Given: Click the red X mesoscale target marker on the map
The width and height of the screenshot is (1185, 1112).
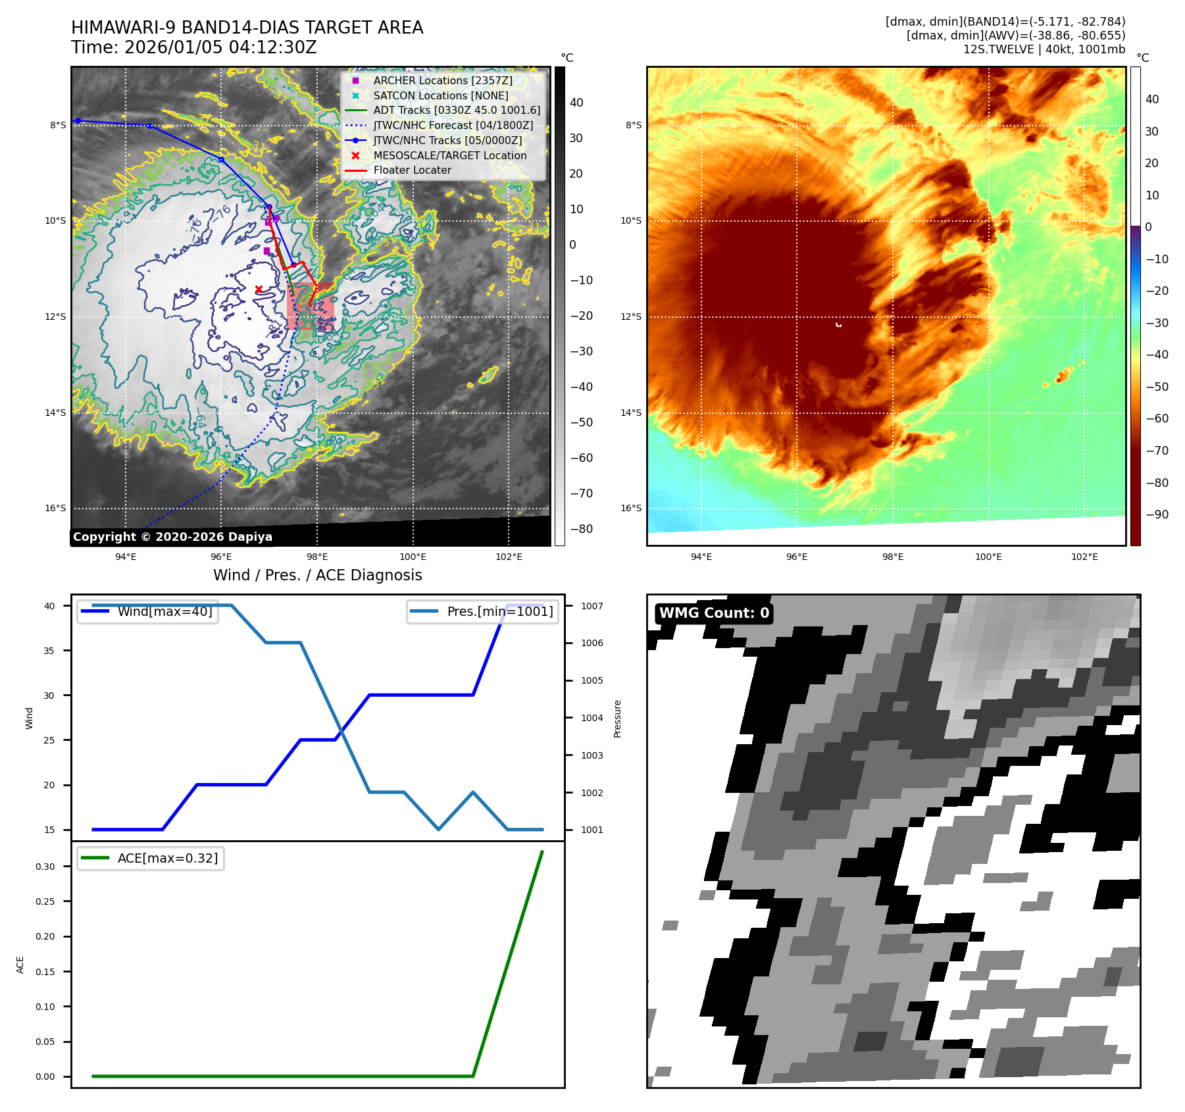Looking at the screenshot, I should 259,289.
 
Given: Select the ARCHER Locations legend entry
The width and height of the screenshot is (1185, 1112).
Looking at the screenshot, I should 442,80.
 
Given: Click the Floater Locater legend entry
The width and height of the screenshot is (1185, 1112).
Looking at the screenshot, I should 412,170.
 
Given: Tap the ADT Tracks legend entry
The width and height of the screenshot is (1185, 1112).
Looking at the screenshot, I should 457,110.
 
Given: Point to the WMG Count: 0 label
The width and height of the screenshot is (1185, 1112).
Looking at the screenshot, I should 714,613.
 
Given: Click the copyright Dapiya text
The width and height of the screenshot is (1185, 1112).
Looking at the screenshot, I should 172,537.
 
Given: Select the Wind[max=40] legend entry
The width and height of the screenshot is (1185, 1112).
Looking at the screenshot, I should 164,611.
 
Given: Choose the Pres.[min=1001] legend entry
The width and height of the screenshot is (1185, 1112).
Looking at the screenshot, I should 499,611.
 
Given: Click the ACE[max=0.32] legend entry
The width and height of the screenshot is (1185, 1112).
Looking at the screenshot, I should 167,858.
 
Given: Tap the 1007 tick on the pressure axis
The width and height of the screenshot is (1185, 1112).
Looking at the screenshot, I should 592,606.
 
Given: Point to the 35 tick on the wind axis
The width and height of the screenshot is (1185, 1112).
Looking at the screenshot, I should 49,651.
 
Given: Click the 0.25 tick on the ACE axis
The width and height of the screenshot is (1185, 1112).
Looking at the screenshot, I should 45,901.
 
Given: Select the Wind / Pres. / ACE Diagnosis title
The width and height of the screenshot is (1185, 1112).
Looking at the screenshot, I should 318,575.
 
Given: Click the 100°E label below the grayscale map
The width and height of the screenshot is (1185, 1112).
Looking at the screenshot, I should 413,557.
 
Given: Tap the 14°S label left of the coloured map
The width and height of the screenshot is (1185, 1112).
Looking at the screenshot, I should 630,413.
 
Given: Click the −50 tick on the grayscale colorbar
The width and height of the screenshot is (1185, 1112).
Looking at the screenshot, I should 581,422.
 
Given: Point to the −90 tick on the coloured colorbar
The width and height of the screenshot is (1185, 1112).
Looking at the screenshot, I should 1157,515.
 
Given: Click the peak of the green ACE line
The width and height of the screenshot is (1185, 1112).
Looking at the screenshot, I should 542,851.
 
